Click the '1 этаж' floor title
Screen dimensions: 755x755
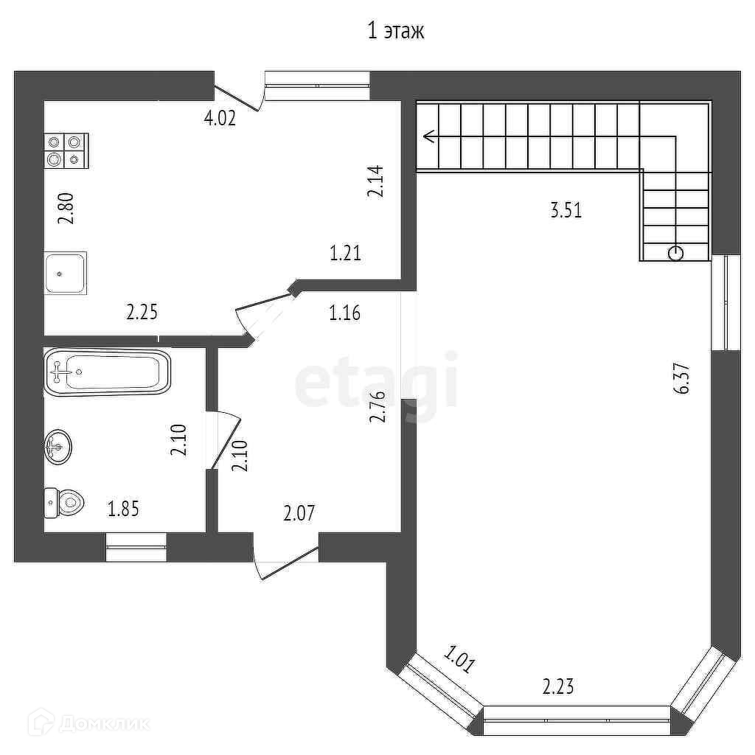[x=396, y=32]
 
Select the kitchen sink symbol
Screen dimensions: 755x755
[x=66, y=273]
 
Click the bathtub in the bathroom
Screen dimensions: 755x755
[x=108, y=371]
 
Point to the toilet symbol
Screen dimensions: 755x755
[x=63, y=503]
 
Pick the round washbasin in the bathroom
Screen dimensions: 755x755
[x=58, y=446]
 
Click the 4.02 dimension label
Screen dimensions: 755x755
[x=220, y=118]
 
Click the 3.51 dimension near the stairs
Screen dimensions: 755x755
[x=566, y=211]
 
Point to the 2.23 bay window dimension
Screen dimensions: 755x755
[x=558, y=687]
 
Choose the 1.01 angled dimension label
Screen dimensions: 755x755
[x=459, y=658]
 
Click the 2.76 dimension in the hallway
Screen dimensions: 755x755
[x=377, y=406]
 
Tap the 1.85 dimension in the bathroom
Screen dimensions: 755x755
[x=124, y=508]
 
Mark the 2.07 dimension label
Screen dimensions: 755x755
[x=300, y=512]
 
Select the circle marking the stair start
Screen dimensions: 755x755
[x=675, y=254]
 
